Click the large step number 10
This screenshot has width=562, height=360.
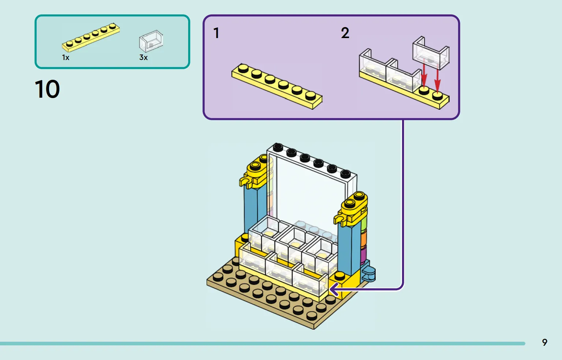(47, 89)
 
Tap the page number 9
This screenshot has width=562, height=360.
(544, 342)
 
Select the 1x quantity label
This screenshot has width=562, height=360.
(66, 58)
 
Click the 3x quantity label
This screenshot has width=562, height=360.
(144, 57)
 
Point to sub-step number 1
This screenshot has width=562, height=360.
(216, 33)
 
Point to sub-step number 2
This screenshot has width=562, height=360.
(345, 33)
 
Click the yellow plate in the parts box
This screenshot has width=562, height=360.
(91, 37)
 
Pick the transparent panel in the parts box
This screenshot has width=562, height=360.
(151, 41)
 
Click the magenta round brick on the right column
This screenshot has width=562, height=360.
(364, 255)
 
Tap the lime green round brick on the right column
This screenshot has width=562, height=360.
(364, 223)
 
